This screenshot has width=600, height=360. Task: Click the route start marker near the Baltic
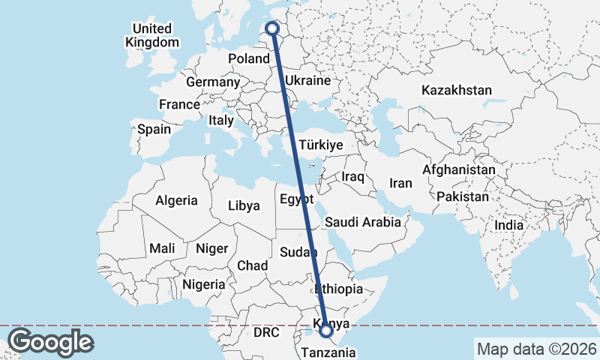272,28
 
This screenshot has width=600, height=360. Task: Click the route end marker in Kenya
326,330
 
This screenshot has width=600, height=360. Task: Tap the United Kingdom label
153,35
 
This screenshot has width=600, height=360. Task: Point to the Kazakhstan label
457,90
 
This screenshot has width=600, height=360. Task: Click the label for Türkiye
320,145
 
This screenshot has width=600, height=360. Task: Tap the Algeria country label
176,200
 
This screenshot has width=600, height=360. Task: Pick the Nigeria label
203,284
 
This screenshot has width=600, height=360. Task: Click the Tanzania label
329,351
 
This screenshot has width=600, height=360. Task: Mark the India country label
509,225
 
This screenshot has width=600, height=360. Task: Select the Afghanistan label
458,170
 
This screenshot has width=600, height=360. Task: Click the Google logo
50,342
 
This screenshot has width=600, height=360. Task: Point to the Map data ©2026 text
536,349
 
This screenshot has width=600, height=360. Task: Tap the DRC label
266,331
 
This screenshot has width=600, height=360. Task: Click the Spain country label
154,129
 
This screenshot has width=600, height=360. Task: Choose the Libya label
244,205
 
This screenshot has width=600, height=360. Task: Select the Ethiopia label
339,289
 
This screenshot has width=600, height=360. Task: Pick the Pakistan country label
463,197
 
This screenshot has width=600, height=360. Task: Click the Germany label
212,82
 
